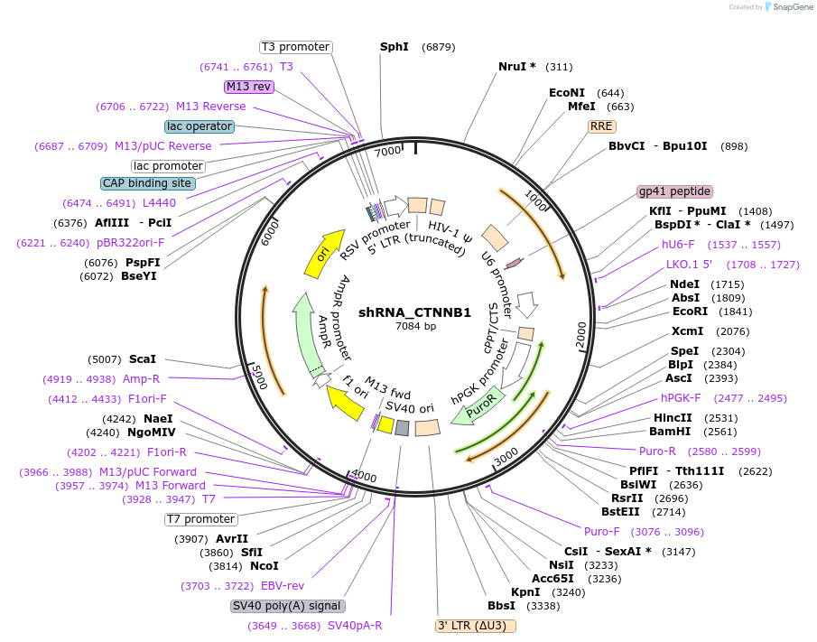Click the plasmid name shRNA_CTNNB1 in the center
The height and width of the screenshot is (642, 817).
point(414,312)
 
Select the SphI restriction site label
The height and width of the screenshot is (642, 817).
point(395,46)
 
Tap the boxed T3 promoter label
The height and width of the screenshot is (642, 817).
point(295,47)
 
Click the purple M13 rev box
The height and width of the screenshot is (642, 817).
point(249,87)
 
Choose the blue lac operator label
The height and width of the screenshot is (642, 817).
point(200,126)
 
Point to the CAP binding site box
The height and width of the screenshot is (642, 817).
point(148,183)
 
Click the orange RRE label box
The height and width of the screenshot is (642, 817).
point(601,126)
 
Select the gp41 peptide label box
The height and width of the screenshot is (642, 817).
point(674,191)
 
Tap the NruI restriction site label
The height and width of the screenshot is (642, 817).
point(517,66)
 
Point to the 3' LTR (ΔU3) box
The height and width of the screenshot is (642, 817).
point(476,626)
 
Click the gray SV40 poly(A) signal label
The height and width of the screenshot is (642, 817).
point(287,606)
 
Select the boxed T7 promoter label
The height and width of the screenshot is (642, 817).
point(200,519)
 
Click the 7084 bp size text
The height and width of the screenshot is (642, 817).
point(415,327)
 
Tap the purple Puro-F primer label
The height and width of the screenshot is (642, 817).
point(601,531)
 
